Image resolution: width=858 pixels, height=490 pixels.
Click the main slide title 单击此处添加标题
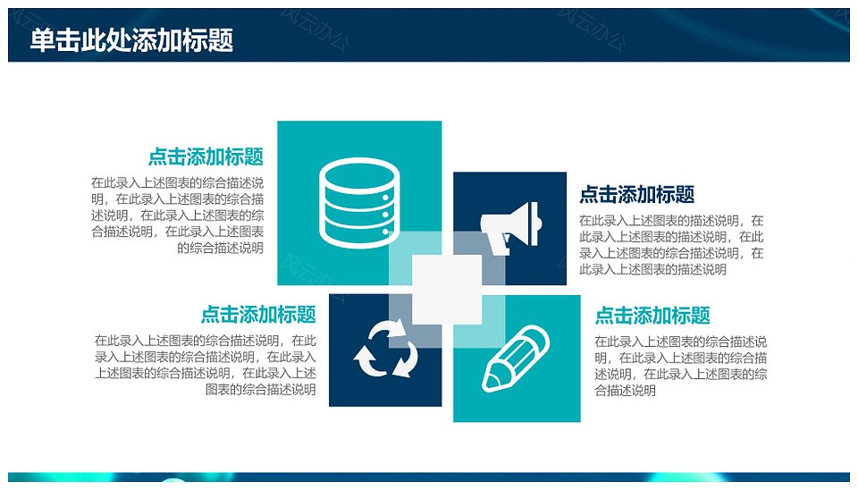[x=131, y=40]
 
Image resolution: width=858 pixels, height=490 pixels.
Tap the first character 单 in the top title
[x=42, y=40]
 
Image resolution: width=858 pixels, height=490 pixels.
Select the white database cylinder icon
[x=359, y=203]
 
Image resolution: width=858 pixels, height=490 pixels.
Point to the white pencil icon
[x=516, y=358]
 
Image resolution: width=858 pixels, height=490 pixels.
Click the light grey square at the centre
[x=447, y=289]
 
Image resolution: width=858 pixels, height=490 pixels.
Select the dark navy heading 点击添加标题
[x=637, y=194]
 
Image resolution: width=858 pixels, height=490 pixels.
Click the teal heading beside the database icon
[x=206, y=156]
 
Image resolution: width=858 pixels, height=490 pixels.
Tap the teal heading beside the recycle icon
[x=258, y=314]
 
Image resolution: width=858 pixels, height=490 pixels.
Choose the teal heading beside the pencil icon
[x=652, y=316]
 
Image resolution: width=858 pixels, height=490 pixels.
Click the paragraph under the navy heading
[x=671, y=245]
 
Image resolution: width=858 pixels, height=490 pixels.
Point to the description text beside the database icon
[x=177, y=215]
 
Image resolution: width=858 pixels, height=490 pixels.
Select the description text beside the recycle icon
[x=206, y=365]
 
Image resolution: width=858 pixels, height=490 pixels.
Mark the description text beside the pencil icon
[x=681, y=366]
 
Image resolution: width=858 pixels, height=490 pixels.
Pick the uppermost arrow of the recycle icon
[x=389, y=330]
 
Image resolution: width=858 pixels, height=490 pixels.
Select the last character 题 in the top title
[x=221, y=40]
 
